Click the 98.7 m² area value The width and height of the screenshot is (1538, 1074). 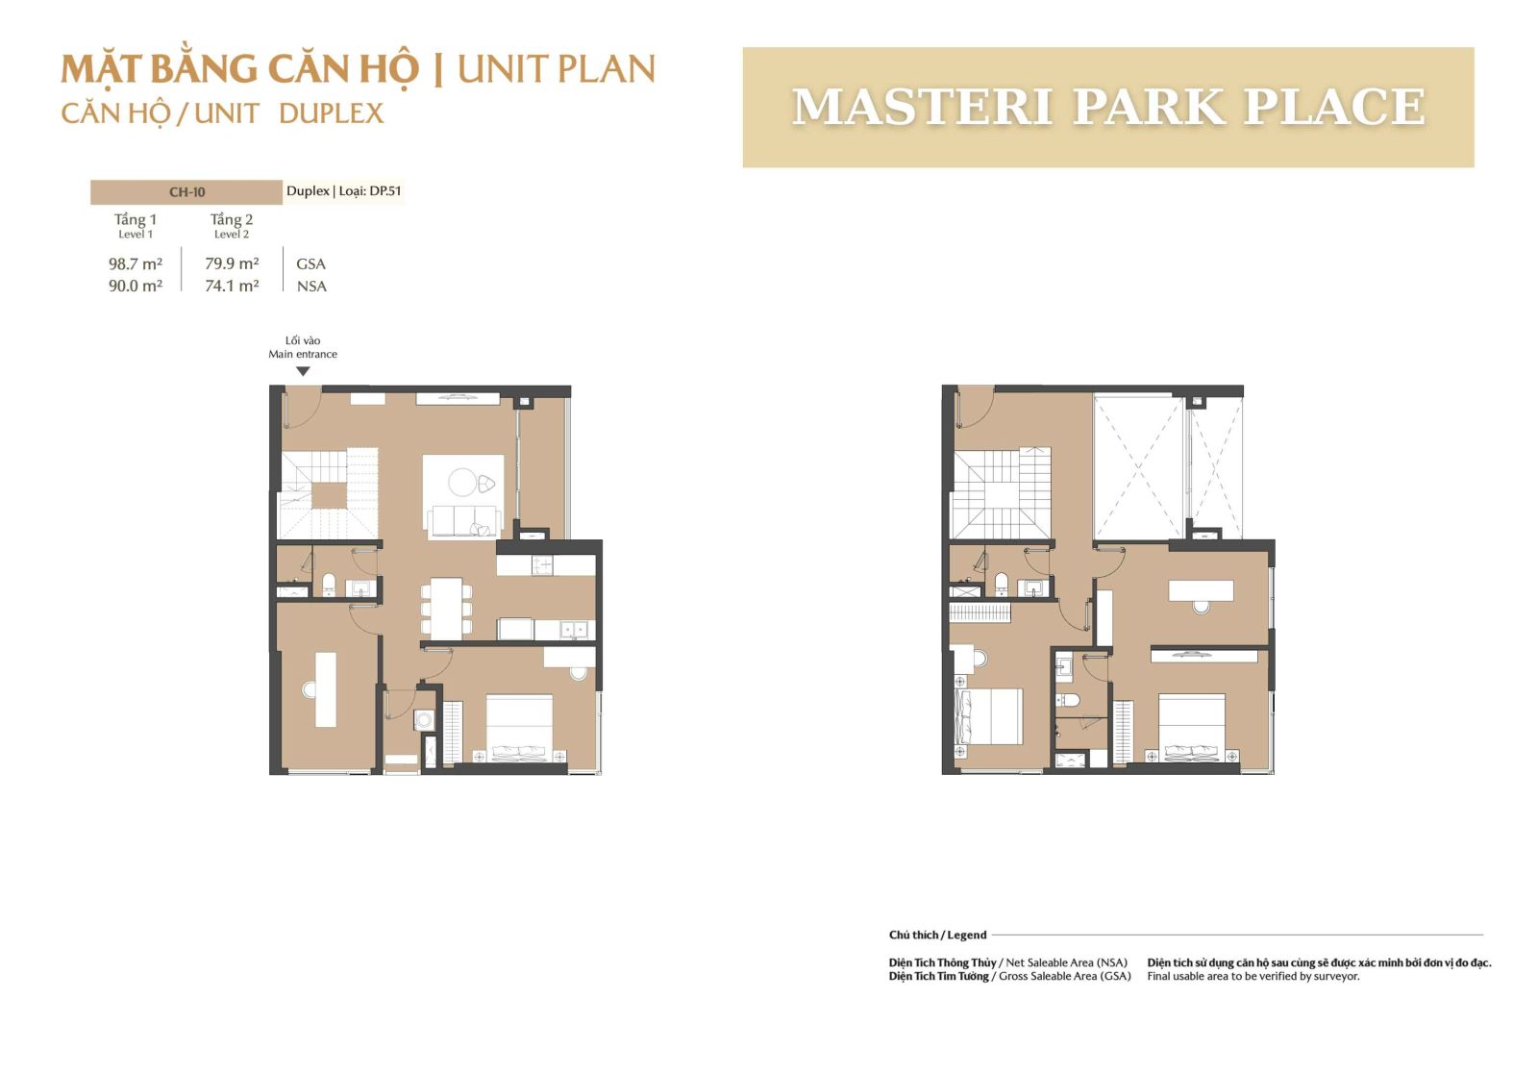point(136,263)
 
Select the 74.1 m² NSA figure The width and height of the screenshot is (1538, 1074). point(232,286)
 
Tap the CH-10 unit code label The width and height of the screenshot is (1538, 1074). point(186,192)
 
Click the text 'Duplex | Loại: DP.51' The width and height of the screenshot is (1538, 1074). point(343,191)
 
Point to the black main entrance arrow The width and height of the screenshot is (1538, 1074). point(303,371)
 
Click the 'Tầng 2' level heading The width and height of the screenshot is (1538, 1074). point(232,220)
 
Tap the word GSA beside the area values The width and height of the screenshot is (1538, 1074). point(311,263)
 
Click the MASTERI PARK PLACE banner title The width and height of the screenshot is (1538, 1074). point(1108,107)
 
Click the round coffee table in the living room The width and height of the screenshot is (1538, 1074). point(462,482)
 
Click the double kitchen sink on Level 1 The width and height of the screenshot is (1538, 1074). point(573,629)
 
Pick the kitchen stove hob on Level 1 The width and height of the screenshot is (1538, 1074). point(542,565)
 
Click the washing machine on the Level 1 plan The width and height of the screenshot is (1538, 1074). point(424,720)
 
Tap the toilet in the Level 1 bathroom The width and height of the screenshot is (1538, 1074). point(328,584)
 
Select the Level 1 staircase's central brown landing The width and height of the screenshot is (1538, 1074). point(330,495)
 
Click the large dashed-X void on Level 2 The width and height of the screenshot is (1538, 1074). point(1139,467)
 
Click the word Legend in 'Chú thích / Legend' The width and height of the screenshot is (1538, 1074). point(967,935)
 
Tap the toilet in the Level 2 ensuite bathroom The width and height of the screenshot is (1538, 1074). point(1068,700)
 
